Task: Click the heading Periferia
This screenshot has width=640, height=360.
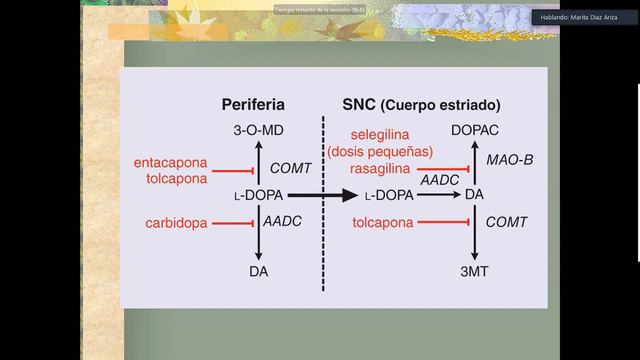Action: pyautogui.click(x=253, y=104)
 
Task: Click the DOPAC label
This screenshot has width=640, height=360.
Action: pyautogui.click(x=475, y=131)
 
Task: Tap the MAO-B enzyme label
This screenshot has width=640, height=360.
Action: pyautogui.click(x=508, y=160)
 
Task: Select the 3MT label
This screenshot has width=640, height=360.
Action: pyautogui.click(x=474, y=271)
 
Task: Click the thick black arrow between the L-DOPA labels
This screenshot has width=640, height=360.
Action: pyautogui.click(x=325, y=196)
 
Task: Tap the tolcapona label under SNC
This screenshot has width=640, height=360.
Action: pyautogui.click(x=384, y=223)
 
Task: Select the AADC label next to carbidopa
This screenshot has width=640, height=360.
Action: pyautogui.click(x=283, y=223)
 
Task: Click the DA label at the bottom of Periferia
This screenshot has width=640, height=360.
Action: pyautogui.click(x=259, y=271)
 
